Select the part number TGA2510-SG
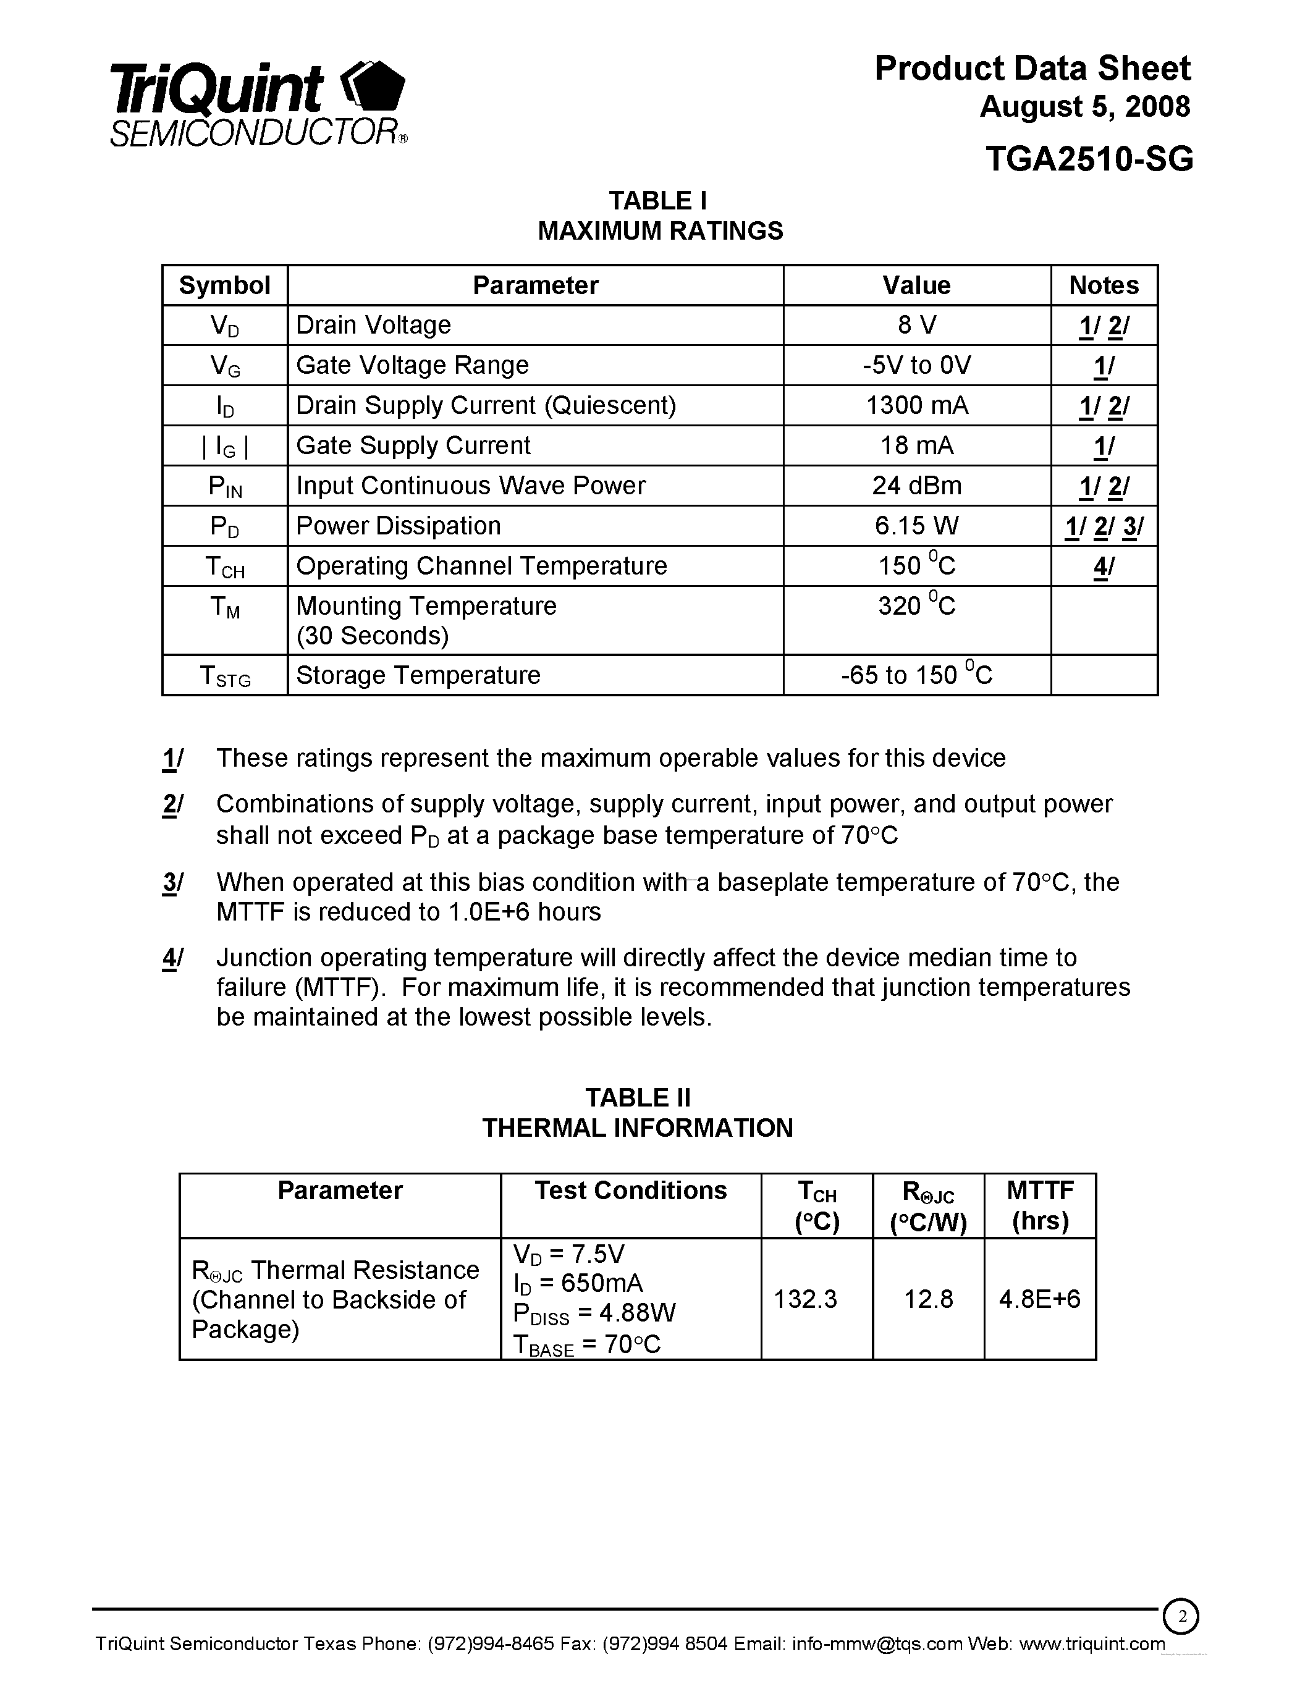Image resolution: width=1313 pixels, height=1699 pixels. (x=1088, y=159)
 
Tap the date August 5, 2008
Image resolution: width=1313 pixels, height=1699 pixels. (x=1084, y=107)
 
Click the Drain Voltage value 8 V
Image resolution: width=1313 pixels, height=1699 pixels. (x=916, y=325)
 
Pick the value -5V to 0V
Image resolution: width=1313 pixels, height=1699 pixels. (x=916, y=366)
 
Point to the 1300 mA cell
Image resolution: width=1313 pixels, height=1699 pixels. (x=916, y=405)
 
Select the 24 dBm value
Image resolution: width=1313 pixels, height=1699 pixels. (x=916, y=486)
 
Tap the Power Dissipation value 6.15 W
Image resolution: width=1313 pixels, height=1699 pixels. (x=916, y=526)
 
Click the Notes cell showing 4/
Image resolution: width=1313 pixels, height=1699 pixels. (x=1103, y=567)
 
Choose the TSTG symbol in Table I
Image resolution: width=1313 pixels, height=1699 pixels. (x=225, y=675)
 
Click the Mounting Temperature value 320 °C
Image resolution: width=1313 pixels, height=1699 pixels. (x=916, y=606)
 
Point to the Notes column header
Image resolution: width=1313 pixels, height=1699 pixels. (x=1103, y=285)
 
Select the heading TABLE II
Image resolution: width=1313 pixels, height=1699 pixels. (x=637, y=1098)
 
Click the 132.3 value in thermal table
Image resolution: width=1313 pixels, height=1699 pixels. (x=805, y=1299)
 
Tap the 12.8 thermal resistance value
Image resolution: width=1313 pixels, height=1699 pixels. (x=928, y=1299)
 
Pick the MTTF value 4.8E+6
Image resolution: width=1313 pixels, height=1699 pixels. (x=1039, y=1299)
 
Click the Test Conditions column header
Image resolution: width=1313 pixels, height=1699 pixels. (x=630, y=1191)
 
